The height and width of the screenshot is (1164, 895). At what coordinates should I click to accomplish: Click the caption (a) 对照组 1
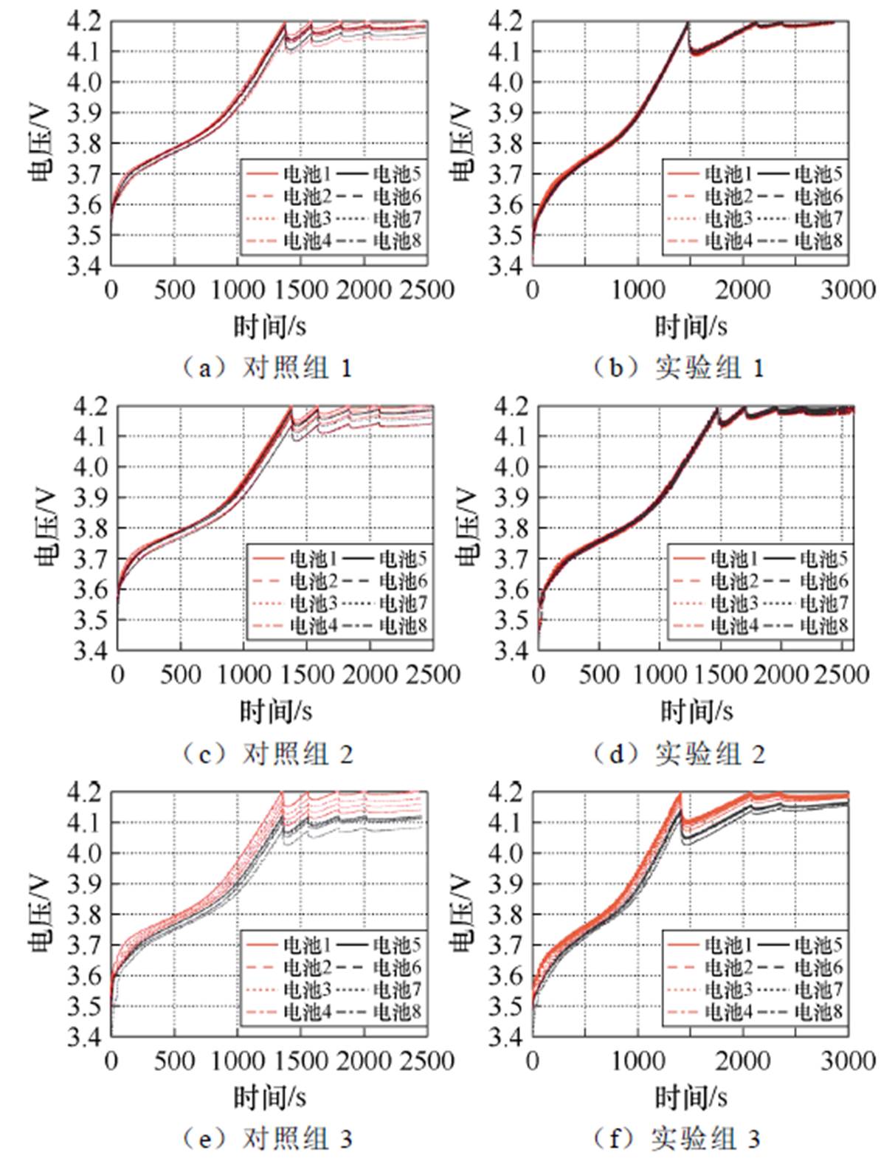[x=267, y=368]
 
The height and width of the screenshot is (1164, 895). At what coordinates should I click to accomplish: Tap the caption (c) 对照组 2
[x=267, y=754]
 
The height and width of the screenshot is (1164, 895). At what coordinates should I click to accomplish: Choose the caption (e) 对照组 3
[x=267, y=1139]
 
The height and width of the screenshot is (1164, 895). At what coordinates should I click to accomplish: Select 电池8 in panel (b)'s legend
[x=818, y=241]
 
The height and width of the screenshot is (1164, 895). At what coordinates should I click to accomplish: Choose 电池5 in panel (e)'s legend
[x=397, y=945]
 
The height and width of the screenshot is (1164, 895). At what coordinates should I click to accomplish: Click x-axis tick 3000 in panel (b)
[x=849, y=289]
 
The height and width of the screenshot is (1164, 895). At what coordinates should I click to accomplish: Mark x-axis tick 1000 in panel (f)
[x=638, y=1061]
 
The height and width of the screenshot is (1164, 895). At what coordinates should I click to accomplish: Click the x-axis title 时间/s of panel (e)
[x=269, y=1097]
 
